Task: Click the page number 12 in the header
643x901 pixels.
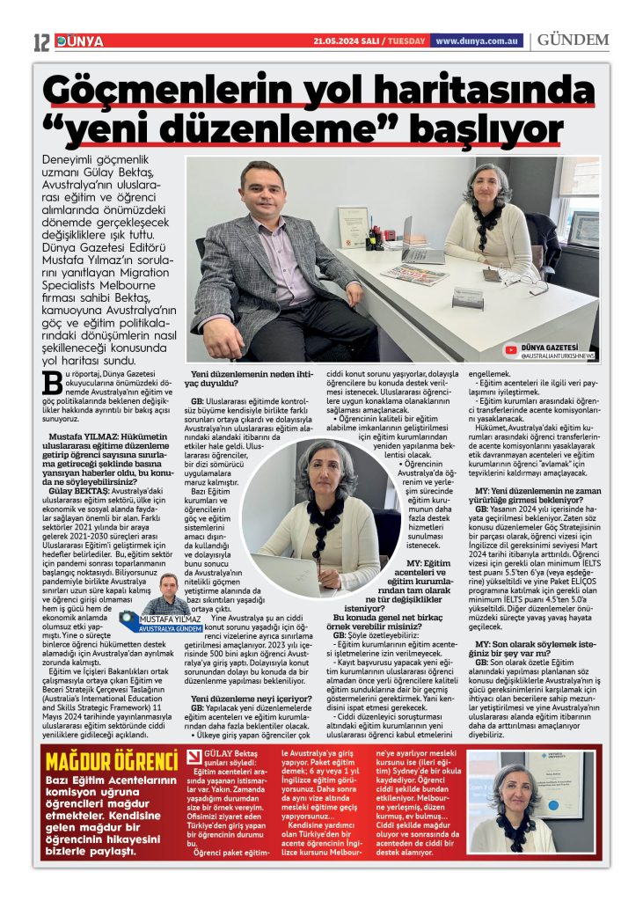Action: [x=41, y=41]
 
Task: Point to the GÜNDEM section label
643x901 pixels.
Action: [x=573, y=41]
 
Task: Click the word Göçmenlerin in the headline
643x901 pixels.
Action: [x=159, y=92]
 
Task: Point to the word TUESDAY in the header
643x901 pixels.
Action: [x=406, y=41]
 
